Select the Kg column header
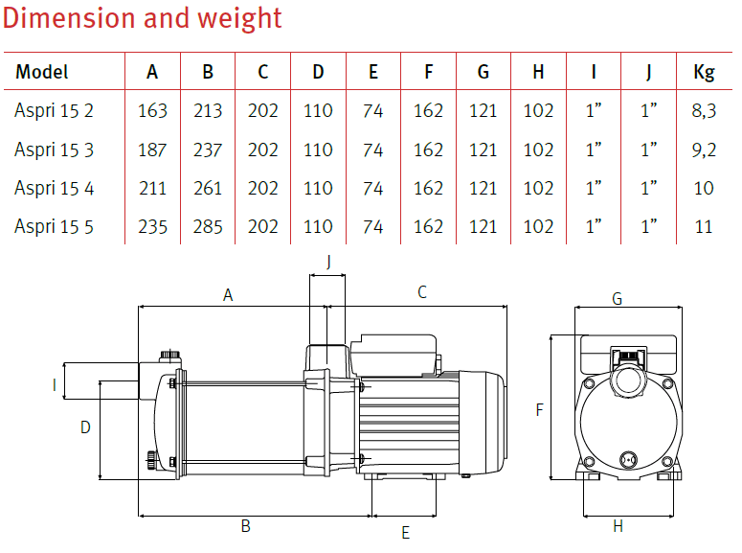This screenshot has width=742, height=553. [x=704, y=72]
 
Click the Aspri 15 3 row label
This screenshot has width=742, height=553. [x=55, y=150]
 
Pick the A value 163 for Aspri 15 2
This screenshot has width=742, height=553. [x=152, y=111]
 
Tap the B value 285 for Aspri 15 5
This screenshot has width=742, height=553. [x=207, y=227]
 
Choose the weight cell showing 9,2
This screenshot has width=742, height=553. [x=704, y=150]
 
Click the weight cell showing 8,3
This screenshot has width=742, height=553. [x=704, y=111]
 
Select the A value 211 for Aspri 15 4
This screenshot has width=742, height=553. [x=152, y=189]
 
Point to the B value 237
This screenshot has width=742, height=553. [x=207, y=150]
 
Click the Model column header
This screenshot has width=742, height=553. [x=42, y=72]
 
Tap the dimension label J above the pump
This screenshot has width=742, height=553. [x=327, y=261]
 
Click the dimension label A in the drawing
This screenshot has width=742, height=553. [x=228, y=295]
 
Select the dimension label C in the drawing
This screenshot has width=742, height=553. [x=422, y=292]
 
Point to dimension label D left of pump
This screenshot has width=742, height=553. [x=85, y=427]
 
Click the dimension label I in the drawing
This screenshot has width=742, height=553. [x=55, y=385]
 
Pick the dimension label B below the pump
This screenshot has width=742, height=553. [x=245, y=526]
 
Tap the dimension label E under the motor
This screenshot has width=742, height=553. [x=405, y=532]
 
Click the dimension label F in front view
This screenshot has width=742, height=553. [x=540, y=409]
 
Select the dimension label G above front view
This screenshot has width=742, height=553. [x=617, y=299]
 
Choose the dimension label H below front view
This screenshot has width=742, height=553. [x=618, y=526]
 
